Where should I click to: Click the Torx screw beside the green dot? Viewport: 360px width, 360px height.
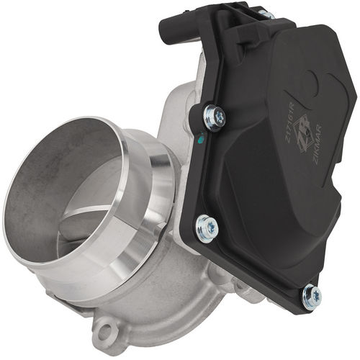point(214,115)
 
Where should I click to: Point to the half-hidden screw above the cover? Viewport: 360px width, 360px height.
point(267,14)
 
